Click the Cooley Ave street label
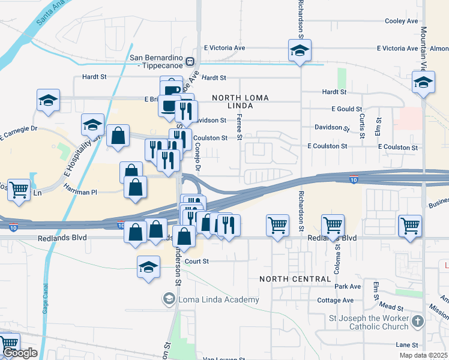pos(401,21)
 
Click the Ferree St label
pos(240,127)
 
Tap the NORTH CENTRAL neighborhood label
pos(295,279)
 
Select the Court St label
pos(197,261)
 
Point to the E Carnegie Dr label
pos(19,133)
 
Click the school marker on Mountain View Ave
pos(423,82)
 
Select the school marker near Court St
pos(148,267)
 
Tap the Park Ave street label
pos(348,287)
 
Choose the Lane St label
pos(406,345)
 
